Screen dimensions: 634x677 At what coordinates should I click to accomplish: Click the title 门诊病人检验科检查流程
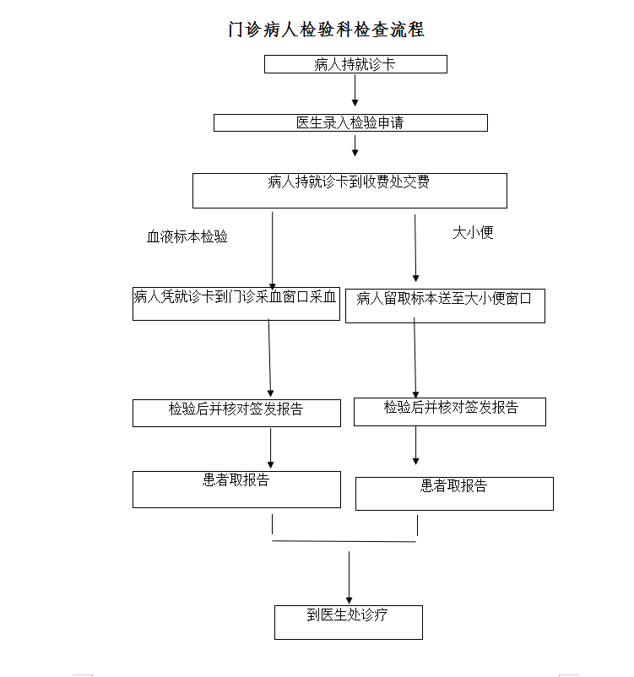(326, 30)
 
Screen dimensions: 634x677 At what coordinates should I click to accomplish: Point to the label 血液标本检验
(187, 236)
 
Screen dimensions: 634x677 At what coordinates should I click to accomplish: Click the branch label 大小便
(473, 233)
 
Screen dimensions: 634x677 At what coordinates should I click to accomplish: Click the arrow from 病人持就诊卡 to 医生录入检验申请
(355, 90)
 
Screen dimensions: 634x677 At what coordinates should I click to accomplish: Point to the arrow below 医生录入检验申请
(355, 145)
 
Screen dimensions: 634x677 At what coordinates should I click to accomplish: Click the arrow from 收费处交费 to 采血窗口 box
(273, 251)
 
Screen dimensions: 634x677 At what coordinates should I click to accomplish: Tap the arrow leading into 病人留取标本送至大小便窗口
(415, 248)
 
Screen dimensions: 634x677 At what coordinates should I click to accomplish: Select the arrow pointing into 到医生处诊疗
(349, 577)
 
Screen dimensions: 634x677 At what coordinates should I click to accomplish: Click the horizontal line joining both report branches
(344, 541)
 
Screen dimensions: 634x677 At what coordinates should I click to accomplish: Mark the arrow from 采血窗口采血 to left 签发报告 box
(270, 358)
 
